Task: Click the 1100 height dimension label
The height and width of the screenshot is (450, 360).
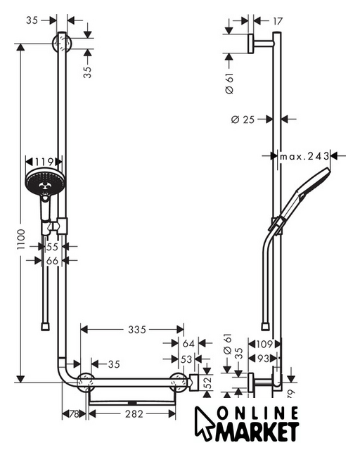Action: (21, 239)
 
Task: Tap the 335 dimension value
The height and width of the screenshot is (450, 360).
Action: (137, 330)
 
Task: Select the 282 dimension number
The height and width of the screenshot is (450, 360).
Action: (134, 414)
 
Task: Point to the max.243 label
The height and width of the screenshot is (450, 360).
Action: (304, 156)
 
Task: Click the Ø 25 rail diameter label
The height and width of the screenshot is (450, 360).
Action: (243, 119)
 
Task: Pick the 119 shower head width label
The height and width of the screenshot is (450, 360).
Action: (44, 162)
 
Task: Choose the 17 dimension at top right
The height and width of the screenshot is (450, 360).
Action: (278, 21)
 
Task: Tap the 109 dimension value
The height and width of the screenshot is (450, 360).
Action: (264, 344)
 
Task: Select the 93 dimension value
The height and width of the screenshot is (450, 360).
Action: (263, 359)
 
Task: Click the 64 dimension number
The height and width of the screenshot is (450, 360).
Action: (188, 343)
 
